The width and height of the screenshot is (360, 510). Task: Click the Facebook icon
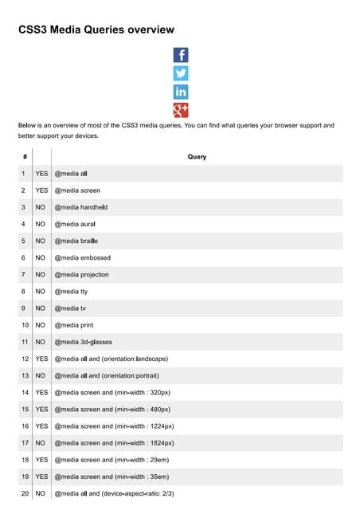[181, 55]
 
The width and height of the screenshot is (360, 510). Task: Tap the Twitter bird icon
[181, 73]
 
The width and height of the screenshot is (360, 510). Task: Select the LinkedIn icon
[181, 92]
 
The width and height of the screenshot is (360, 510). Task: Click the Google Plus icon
[181, 110]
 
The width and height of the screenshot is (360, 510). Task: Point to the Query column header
[197, 157]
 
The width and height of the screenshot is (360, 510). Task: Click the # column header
[25, 157]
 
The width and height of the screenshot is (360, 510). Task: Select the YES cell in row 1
[41, 174]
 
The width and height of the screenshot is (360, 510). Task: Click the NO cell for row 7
[40, 274]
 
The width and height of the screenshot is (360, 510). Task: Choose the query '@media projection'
[82, 274]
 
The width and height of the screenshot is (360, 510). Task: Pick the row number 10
[25, 325]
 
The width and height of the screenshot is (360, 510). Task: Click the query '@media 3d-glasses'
[84, 342]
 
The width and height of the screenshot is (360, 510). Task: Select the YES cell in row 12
[41, 359]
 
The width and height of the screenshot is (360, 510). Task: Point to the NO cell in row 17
[40, 443]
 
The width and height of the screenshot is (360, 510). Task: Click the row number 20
[25, 494]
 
